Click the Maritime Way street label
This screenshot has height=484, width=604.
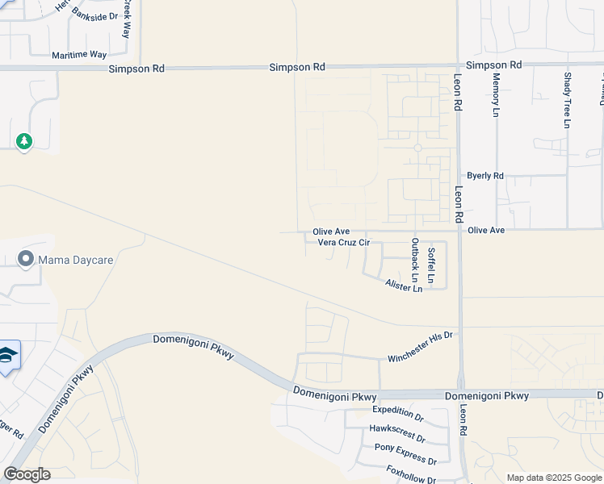[79, 55]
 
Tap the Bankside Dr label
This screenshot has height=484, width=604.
[94, 15]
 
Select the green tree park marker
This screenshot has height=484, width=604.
[24, 142]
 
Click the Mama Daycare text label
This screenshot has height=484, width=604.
[78, 260]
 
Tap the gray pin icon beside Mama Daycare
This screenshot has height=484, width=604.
[26, 260]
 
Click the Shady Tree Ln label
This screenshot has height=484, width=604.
[567, 99]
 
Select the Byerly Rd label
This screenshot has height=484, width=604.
[484, 176]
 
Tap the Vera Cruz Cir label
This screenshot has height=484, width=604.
[343, 242]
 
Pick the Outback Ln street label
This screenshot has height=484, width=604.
[415, 265]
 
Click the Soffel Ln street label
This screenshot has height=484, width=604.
[431, 266]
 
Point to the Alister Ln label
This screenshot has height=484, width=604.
[404, 285]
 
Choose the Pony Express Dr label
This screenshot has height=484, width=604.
[405, 453]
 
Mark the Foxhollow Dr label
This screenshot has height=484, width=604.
[411, 472]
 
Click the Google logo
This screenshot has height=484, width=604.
[27, 474]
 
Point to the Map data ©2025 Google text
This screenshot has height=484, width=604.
[553, 478]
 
